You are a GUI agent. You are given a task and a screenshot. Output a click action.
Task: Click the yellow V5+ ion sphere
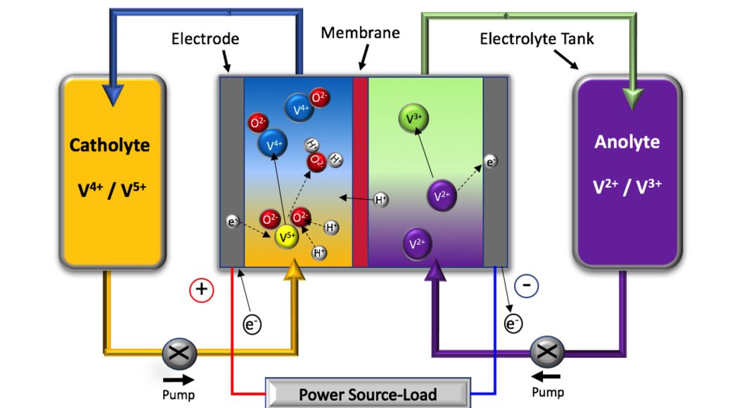[287, 236]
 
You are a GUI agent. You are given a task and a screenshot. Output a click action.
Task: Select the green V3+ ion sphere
[413, 117]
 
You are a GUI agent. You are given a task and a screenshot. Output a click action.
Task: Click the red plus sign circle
[202, 290]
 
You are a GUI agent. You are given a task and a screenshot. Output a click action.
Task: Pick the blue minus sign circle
[527, 286]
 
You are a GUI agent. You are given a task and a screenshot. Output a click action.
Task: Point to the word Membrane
[360, 32]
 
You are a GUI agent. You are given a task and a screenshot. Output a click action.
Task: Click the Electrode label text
[205, 38]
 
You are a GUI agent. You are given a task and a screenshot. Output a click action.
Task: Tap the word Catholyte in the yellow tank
[110, 146]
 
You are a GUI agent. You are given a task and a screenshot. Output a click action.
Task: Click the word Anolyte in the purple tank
[627, 141]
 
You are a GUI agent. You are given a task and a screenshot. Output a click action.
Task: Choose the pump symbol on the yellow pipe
[179, 353]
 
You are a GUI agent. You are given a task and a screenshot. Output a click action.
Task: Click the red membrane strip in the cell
[360, 172]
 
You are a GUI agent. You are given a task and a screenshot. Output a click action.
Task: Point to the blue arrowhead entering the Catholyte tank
[113, 96]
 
